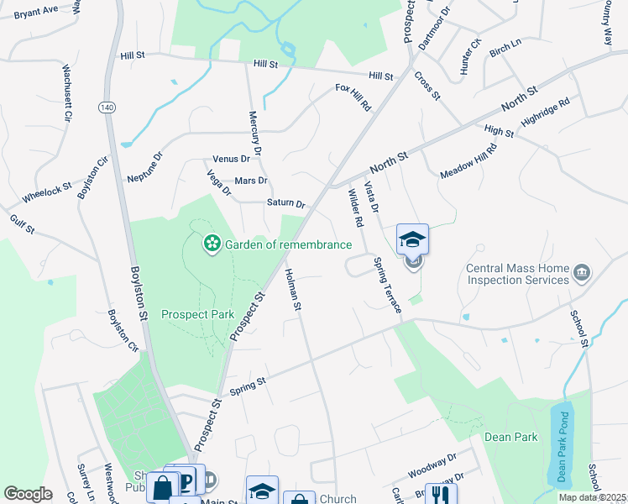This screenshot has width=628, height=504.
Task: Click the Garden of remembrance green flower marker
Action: pos(212,244)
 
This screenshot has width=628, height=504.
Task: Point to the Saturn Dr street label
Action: pos(285,203)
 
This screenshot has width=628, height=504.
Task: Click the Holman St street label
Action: pos(292,289)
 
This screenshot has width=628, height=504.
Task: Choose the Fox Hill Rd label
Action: pos(353,98)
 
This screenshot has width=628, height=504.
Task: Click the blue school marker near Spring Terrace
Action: pos(412,239)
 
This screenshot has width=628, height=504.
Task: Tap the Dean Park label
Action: pos(510,437)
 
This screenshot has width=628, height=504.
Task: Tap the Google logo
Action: pos(28,494)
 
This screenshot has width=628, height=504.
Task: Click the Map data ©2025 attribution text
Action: pos(593,497)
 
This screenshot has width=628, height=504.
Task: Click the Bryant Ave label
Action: pos(36,10)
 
